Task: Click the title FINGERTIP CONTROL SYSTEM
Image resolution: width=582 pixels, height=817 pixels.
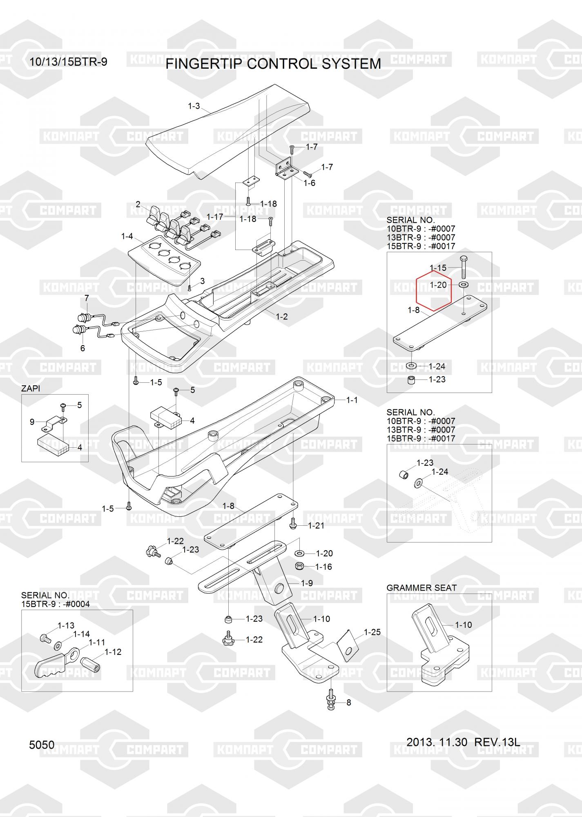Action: click(273, 64)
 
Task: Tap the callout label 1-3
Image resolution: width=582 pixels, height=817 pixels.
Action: click(194, 106)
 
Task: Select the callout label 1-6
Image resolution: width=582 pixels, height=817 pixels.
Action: click(310, 183)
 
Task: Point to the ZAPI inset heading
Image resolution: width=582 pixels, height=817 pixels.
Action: click(31, 388)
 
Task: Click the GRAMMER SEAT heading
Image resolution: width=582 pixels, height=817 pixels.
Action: click(421, 588)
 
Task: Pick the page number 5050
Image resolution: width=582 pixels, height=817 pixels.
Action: click(42, 745)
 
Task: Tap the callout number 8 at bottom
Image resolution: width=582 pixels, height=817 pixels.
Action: click(348, 703)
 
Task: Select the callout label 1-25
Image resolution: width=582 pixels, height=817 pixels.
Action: click(372, 632)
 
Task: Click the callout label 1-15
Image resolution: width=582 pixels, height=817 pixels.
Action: click(438, 268)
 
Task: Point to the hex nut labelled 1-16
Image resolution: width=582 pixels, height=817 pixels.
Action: click(299, 567)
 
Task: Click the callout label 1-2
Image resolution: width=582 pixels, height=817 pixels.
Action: click(282, 317)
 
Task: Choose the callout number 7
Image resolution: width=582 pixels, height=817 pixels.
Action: click(87, 299)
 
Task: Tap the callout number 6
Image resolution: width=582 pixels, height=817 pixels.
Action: click(83, 348)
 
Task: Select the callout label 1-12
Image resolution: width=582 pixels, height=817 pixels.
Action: click(113, 652)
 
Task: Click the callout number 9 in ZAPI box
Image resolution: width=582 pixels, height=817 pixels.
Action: click(32, 422)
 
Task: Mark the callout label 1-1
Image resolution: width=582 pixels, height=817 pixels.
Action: click(352, 400)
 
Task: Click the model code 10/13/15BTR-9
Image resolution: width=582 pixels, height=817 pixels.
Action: click(68, 62)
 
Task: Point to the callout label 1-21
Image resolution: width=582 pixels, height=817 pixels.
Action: click(316, 525)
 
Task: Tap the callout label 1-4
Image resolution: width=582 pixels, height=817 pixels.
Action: click(127, 236)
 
